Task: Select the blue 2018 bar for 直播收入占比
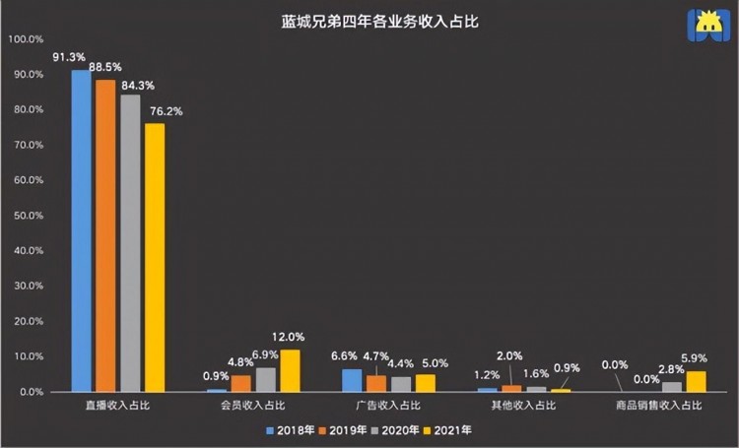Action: [82, 230]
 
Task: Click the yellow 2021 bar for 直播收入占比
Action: [155, 257]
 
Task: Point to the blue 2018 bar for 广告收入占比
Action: [352, 380]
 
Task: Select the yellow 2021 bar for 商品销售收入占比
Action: [696, 381]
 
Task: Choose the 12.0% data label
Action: [293, 337]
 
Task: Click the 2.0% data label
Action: [510, 355]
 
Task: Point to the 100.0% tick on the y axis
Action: [26, 39]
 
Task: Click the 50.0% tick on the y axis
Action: [26, 216]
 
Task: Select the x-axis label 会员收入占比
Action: [253, 405]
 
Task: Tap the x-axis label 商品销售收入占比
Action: [658, 405]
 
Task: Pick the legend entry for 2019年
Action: [342, 429]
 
